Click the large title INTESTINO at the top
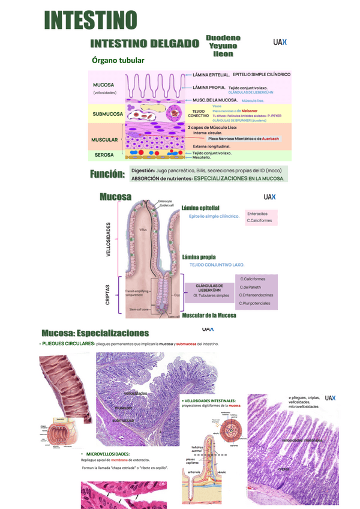[91, 19]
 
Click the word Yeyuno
[222, 46]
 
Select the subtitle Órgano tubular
[118, 60]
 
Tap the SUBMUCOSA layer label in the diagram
[108, 113]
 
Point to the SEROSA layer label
[104, 155]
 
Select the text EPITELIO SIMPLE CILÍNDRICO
[261, 74]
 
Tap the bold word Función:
[107, 174]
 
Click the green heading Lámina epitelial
[200, 208]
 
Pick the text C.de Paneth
[252, 287]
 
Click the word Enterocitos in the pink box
[257, 213]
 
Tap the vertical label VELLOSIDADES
[109, 240]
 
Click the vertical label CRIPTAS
[108, 294]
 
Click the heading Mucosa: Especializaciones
[95, 333]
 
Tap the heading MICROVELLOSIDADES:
[108, 454]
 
